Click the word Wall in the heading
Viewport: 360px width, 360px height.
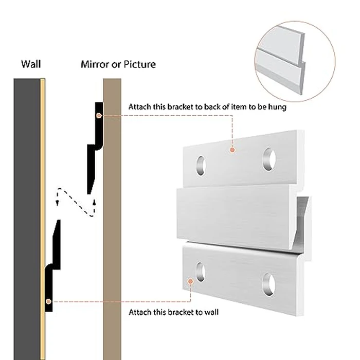[31, 65]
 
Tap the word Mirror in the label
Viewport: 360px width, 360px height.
[94, 65]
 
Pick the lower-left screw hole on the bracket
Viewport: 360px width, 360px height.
[200, 271]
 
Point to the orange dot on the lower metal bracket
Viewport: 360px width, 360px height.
[191, 282]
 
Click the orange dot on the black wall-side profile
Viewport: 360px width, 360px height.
[48, 301]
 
